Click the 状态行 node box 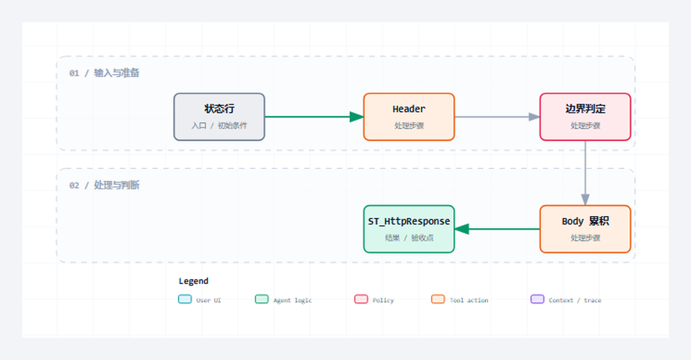tap(219, 117)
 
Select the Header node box tap(409, 117)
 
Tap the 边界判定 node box tap(585, 117)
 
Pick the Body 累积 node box tap(585, 229)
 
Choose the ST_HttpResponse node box tap(409, 229)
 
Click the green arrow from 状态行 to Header tap(314, 117)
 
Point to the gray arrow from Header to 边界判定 tap(497, 117)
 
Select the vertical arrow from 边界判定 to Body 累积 tap(585, 173)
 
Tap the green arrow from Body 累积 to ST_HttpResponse tap(497, 229)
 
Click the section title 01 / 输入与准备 tap(104, 73)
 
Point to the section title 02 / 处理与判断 tap(104, 185)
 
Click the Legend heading tap(193, 281)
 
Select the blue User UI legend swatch tap(185, 299)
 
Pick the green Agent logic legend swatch tap(261, 299)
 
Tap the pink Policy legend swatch tap(361, 299)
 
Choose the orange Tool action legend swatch tap(438, 299)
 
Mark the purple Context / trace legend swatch tap(537, 299)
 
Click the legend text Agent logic tap(293, 301)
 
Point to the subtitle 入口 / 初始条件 tap(219, 126)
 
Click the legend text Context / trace tap(575, 301)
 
